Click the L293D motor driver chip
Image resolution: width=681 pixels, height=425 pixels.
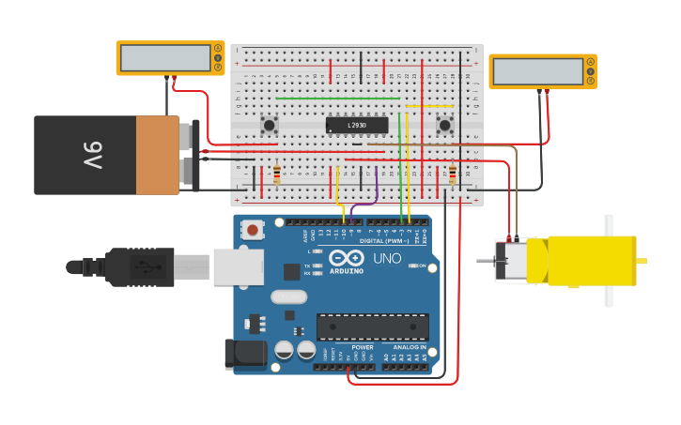(x=357, y=125)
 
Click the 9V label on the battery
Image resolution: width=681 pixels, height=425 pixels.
(x=92, y=155)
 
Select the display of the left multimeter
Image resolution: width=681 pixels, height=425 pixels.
(x=165, y=58)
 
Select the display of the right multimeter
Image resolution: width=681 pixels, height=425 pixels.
(x=537, y=71)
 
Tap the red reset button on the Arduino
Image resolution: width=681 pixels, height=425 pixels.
(x=252, y=229)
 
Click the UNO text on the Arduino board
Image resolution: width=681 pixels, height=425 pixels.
(x=387, y=258)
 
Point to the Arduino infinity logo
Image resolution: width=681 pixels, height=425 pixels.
(x=346, y=258)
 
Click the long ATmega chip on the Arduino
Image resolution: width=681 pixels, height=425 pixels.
(x=373, y=326)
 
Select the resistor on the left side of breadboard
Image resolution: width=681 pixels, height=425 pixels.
(x=276, y=175)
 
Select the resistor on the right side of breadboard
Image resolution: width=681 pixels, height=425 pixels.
(x=453, y=175)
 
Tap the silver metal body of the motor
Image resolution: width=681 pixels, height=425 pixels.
(x=512, y=261)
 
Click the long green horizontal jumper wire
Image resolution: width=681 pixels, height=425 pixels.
(x=338, y=98)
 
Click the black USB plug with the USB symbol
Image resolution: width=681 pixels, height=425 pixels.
(x=141, y=266)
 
